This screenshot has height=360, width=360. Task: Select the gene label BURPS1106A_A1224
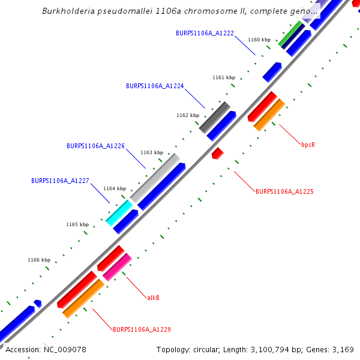[x=155, y=86]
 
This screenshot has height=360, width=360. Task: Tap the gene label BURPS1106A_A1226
[x=95, y=146]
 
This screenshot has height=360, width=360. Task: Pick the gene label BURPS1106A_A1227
[x=60, y=181]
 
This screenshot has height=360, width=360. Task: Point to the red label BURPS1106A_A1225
[x=284, y=192]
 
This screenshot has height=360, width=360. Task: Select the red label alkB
[x=153, y=298]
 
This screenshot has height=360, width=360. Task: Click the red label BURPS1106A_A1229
[x=142, y=329]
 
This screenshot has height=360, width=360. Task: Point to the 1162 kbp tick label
[x=187, y=115]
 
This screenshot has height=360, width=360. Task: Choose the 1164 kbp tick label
[x=115, y=188]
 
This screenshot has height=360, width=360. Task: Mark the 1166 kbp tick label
[x=39, y=260]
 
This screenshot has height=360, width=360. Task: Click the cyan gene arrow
[x=119, y=213]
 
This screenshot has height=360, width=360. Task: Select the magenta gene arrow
[x=117, y=267]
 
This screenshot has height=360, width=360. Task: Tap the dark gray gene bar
[x=214, y=118]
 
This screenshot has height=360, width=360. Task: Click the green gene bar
[x=290, y=34]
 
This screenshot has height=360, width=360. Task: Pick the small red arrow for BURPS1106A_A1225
[x=217, y=153]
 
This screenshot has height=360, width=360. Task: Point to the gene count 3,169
[x=344, y=349]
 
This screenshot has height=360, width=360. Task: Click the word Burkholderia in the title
[x=68, y=11]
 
